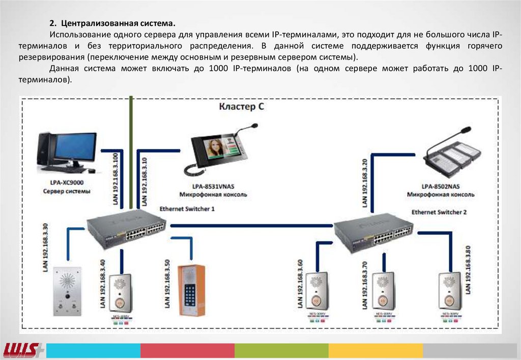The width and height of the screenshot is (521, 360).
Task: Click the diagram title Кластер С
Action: point(242,107)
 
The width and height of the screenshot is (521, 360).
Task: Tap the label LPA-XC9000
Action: point(67,182)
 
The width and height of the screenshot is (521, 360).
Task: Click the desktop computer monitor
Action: point(75,147)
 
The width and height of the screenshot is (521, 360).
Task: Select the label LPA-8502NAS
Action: point(441,186)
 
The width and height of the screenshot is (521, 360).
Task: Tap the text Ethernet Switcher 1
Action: point(187,208)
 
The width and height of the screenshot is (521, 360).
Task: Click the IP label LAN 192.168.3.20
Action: point(365,182)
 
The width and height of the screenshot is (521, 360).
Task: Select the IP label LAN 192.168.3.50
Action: point(167,284)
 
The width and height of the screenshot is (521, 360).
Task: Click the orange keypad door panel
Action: point(191,290)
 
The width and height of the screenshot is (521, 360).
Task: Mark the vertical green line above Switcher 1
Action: point(131,153)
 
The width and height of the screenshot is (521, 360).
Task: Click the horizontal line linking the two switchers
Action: point(252,224)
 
